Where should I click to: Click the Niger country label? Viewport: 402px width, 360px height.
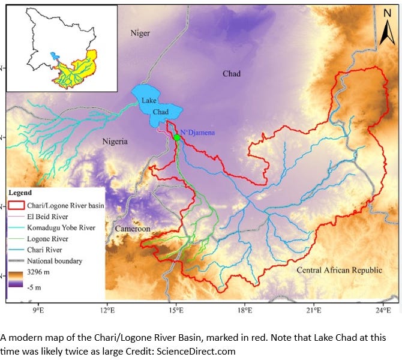(x=140, y=34)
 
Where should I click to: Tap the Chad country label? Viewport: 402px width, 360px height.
(x=232, y=74)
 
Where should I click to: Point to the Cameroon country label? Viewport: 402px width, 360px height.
(x=132, y=229)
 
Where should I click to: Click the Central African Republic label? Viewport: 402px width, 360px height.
(x=339, y=270)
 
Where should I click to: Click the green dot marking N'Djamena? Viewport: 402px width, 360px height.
(x=176, y=138)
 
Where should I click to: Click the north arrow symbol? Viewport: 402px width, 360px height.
(x=387, y=26)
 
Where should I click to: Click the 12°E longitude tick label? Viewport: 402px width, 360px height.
(x=107, y=311)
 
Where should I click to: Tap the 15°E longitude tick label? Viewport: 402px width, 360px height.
(x=176, y=311)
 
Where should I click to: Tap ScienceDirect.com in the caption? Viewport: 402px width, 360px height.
(x=196, y=350)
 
